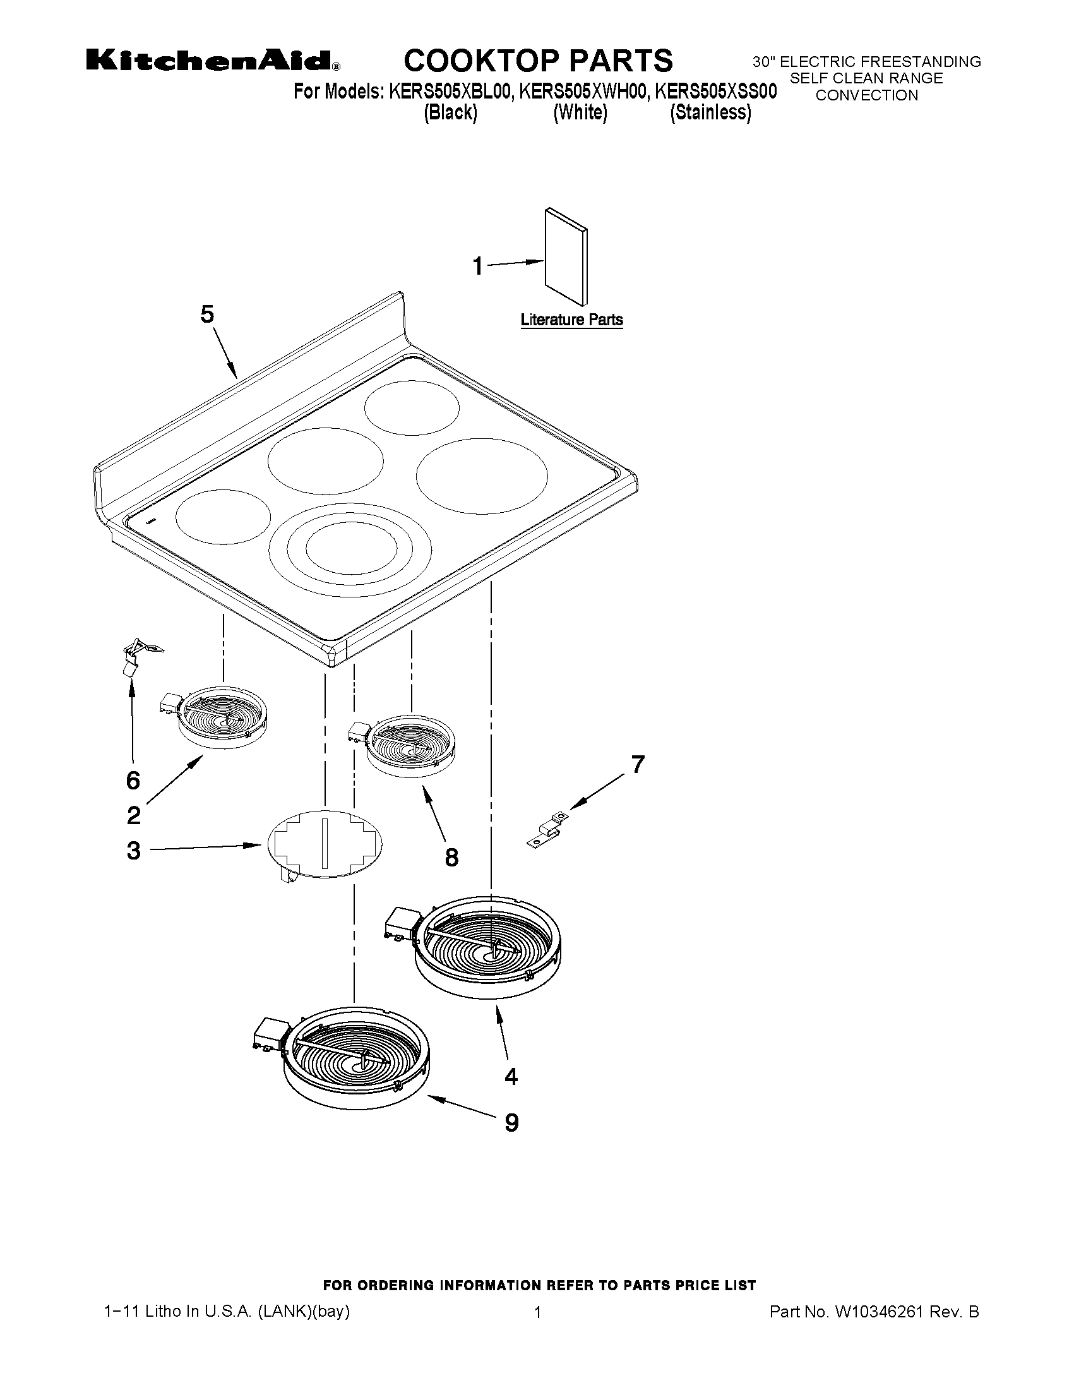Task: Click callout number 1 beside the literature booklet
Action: click(x=478, y=266)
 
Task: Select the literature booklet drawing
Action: click(x=566, y=256)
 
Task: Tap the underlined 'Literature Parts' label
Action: click(x=571, y=320)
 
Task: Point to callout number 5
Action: click(x=207, y=315)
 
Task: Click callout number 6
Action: click(x=133, y=781)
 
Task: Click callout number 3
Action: click(x=133, y=850)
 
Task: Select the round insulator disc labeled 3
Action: click(x=325, y=844)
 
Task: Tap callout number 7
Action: click(x=638, y=764)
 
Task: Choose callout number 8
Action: click(x=451, y=858)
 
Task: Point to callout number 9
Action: click(x=511, y=1123)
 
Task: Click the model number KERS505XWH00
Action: click(x=584, y=92)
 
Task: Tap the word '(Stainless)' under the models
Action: click(x=710, y=112)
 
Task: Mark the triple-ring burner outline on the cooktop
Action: click(x=350, y=551)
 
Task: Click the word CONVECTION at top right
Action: click(x=866, y=95)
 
